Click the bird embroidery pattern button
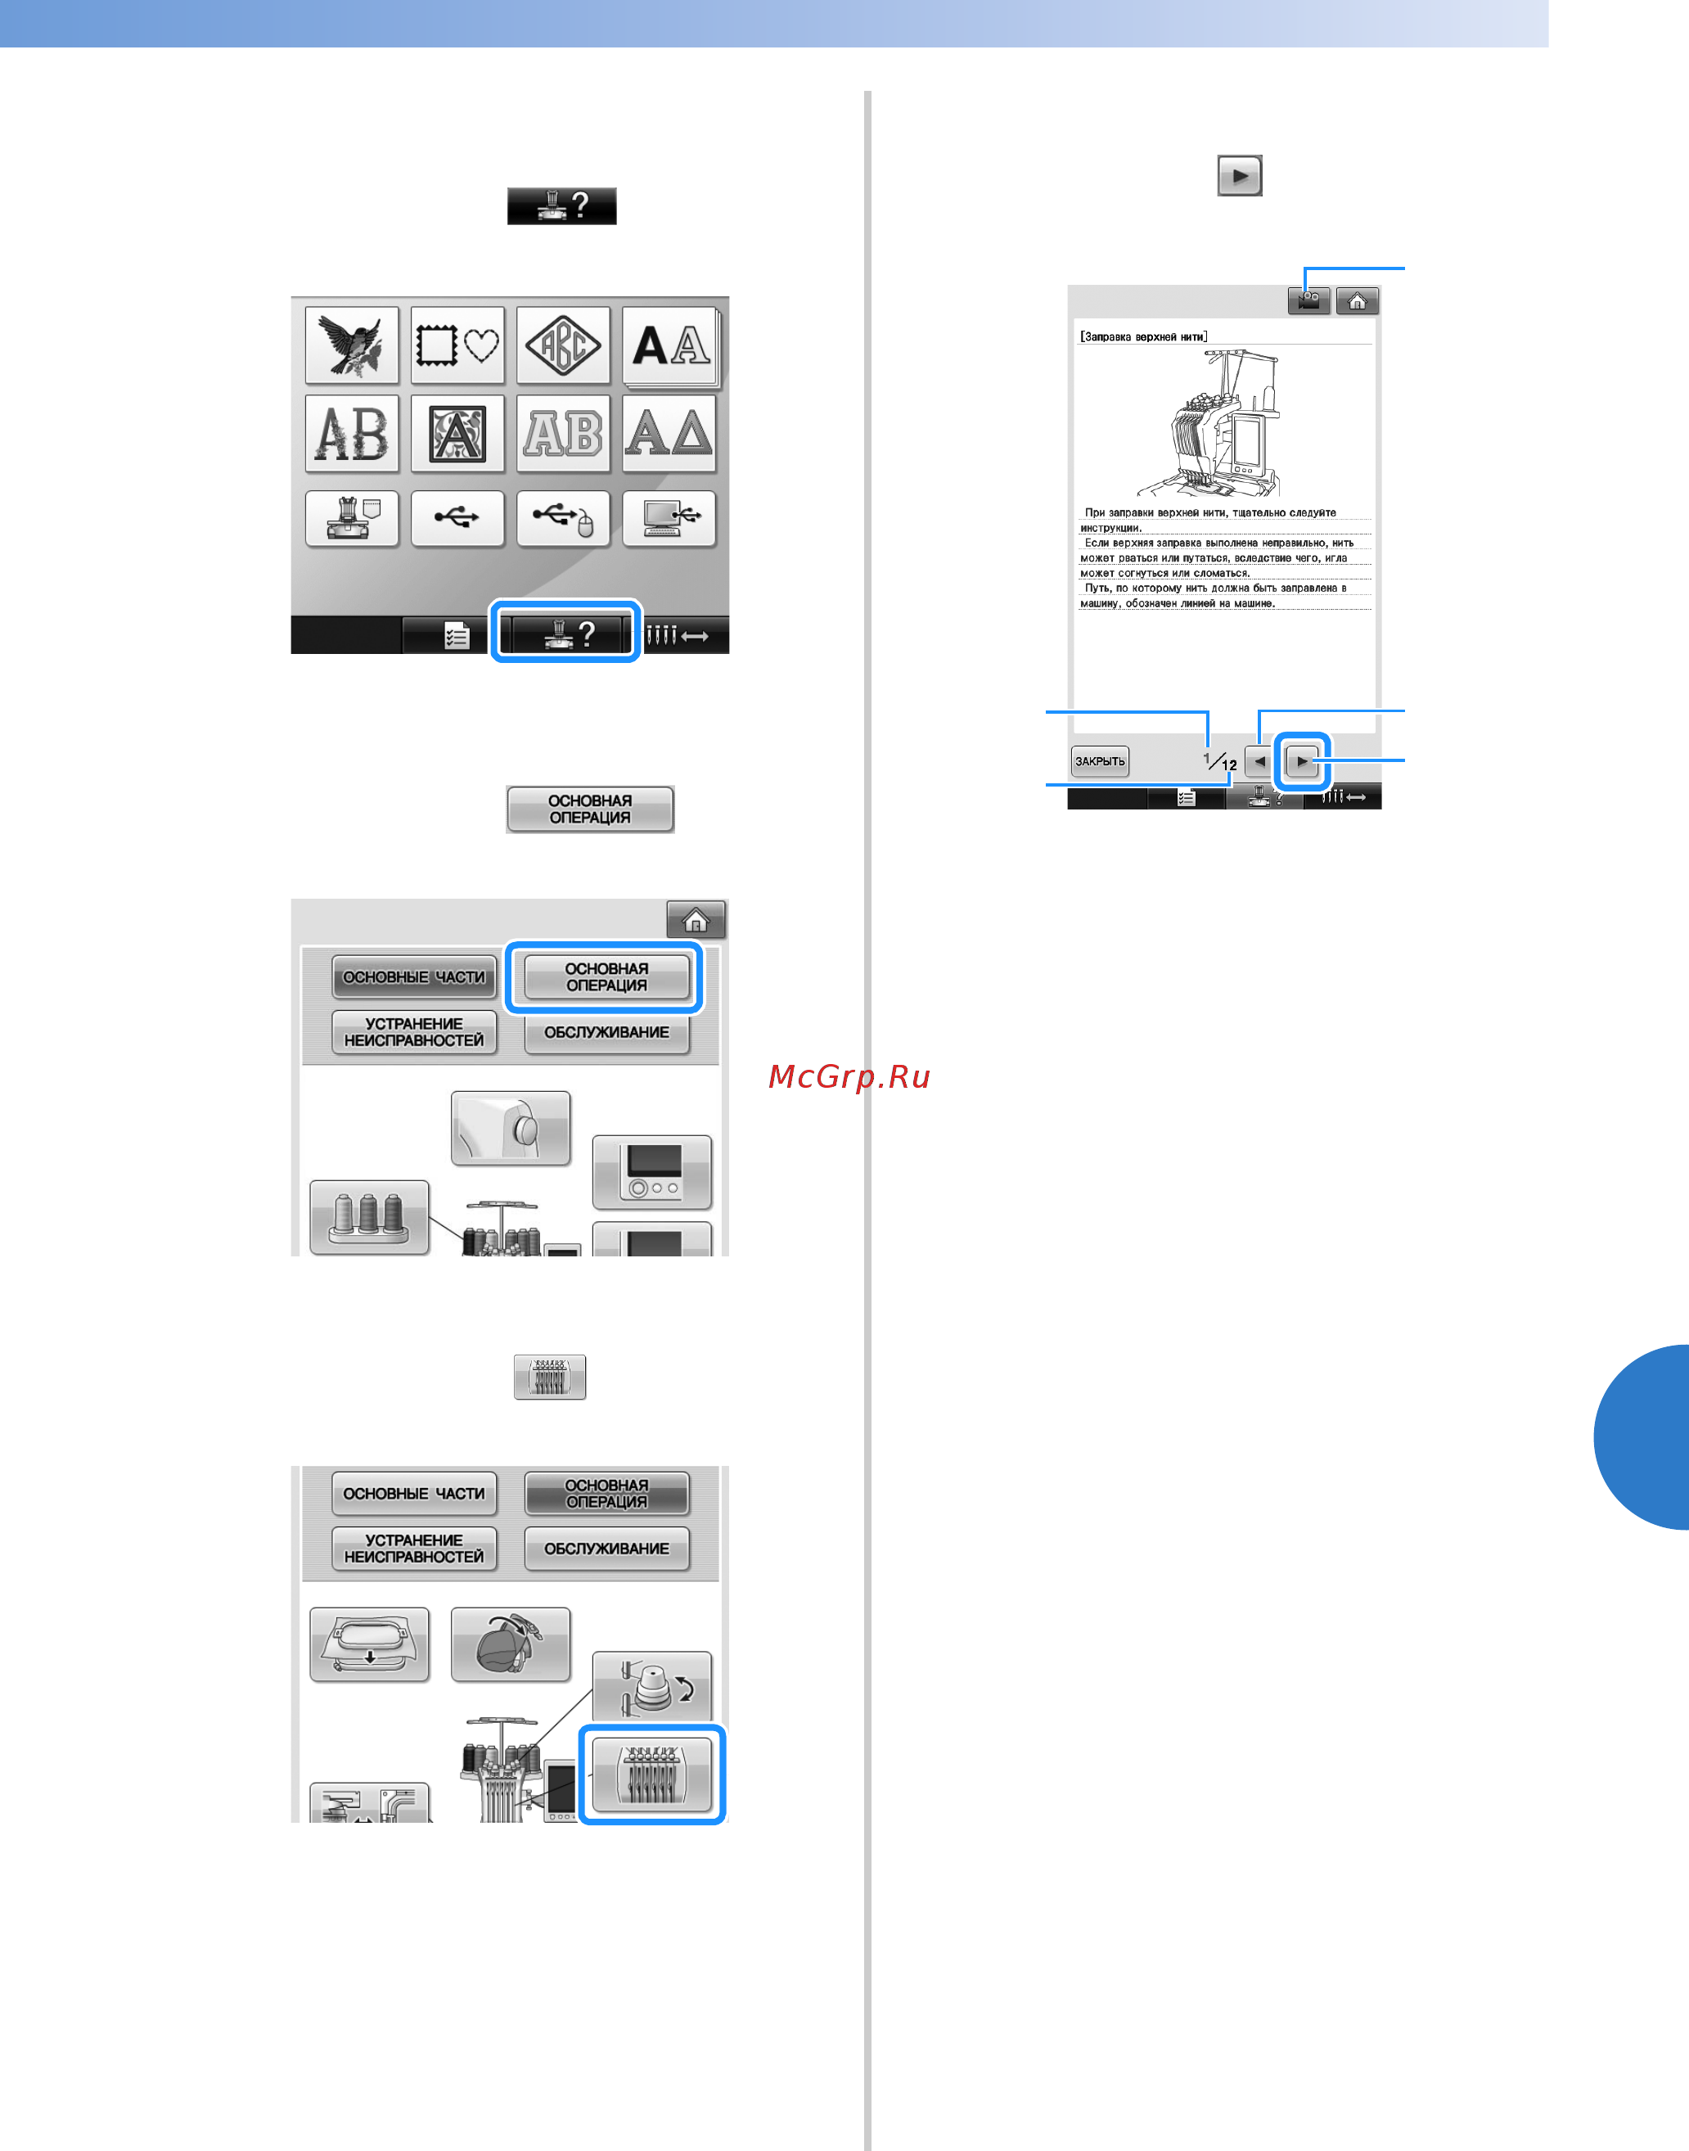point(352,345)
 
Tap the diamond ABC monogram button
point(563,345)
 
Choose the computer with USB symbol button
point(669,518)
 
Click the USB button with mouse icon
point(563,518)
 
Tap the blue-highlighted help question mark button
point(565,633)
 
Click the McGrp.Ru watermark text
point(849,1076)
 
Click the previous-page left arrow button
point(1259,761)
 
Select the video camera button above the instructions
point(1308,300)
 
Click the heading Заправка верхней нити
point(1143,337)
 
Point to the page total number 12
point(1229,765)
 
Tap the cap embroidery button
point(511,1644)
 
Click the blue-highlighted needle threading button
point(651,1774)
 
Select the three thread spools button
point(369,1216)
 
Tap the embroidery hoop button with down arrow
point(369,1644)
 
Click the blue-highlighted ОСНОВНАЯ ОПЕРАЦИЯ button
point(606,977)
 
